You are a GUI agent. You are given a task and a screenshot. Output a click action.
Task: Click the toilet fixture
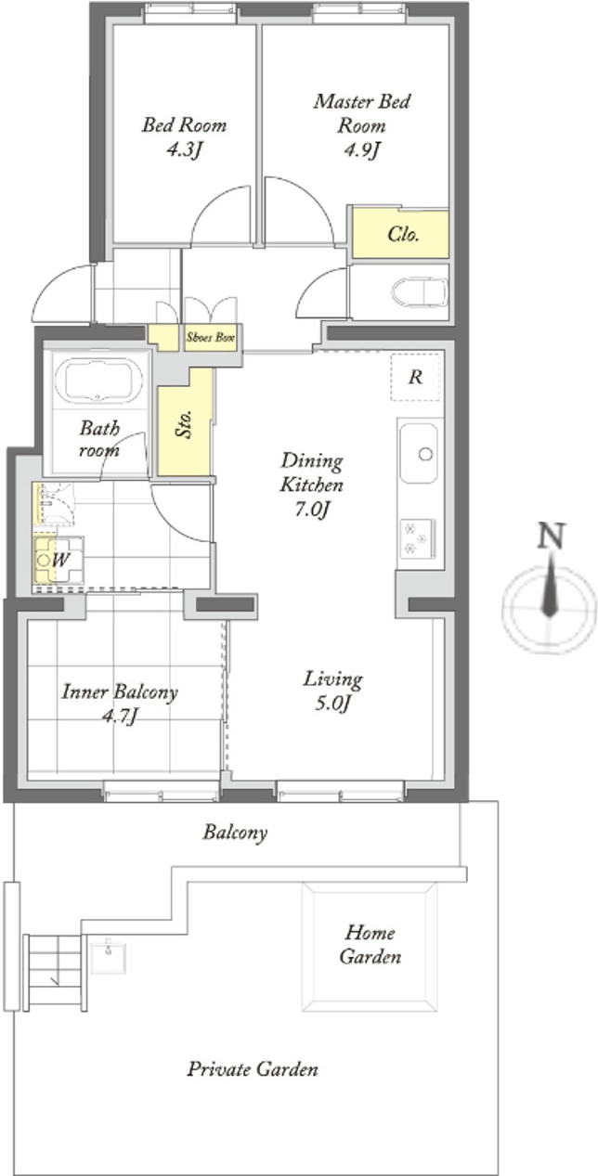420,291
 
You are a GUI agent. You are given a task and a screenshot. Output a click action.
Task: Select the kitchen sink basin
419,454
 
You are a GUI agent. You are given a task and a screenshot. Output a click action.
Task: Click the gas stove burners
418,538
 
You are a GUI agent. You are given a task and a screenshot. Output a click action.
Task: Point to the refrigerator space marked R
415,377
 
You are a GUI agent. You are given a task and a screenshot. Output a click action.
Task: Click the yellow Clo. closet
400,234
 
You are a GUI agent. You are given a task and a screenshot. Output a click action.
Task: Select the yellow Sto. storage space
186,422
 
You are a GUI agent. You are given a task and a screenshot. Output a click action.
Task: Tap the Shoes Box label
210,338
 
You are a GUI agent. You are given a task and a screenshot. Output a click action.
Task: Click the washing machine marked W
58,560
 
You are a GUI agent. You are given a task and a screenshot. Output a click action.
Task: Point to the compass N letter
551,536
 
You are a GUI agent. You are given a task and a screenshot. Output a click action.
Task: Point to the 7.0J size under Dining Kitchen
312,510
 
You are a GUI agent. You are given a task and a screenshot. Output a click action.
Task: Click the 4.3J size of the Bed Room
184,150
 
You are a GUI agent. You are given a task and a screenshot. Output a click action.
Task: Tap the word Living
332,679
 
